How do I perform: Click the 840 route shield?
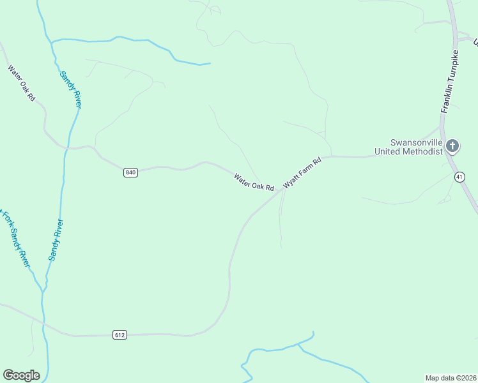pyautogui.click(x=131, y=172)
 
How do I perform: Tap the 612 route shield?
pyautogui.click(x=120, y=334)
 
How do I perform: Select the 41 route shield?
pyautogui.click(x=459, y=177)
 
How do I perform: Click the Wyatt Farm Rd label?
pyautogui.click(x=302, y=172)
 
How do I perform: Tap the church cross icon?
pyautogui.click(x=452, y=147)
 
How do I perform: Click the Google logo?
pyautogui.click(x=21, y=375)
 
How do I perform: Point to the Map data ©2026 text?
pyautogui.click(x=451, y=377)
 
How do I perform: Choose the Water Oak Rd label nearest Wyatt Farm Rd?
pyautogui.click(x=254, y=183)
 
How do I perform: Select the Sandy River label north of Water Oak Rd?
pyautogui.click(x=70, y=89)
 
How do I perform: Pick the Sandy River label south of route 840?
pyautogui.click(x=56, y=240)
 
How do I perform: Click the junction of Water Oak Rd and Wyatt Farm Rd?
pyautogui.click(x=279, y=190)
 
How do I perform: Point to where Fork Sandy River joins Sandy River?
pyautogui.click(x=43, y=290)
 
